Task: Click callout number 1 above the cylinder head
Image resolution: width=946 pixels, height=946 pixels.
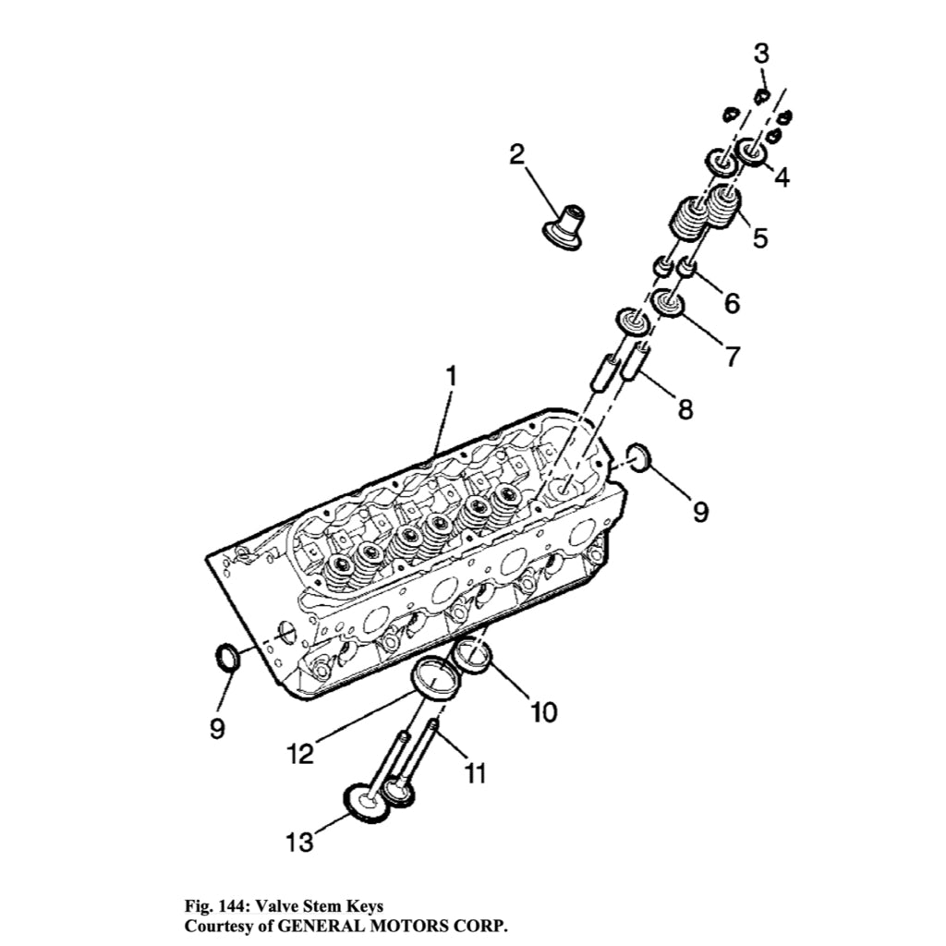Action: (x=452, y=377)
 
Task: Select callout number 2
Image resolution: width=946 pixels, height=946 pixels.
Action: (x=516, y=154)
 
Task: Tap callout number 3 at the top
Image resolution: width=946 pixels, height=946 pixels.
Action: (x=760, y=54)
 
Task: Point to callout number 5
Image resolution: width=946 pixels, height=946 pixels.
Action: (x=759, y=237)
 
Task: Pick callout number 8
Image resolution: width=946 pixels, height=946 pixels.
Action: (x=685, y=408)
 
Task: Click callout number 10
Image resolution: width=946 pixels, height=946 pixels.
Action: (x=543, y=711)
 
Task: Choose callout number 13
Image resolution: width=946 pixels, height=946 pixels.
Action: (x=298, y=842)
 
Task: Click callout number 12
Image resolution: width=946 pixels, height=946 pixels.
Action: (x=299, y=754)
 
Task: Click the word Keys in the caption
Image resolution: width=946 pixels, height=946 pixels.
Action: (x=363, y=906)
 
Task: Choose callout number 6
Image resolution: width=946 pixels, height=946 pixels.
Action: (x=731, y=302)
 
